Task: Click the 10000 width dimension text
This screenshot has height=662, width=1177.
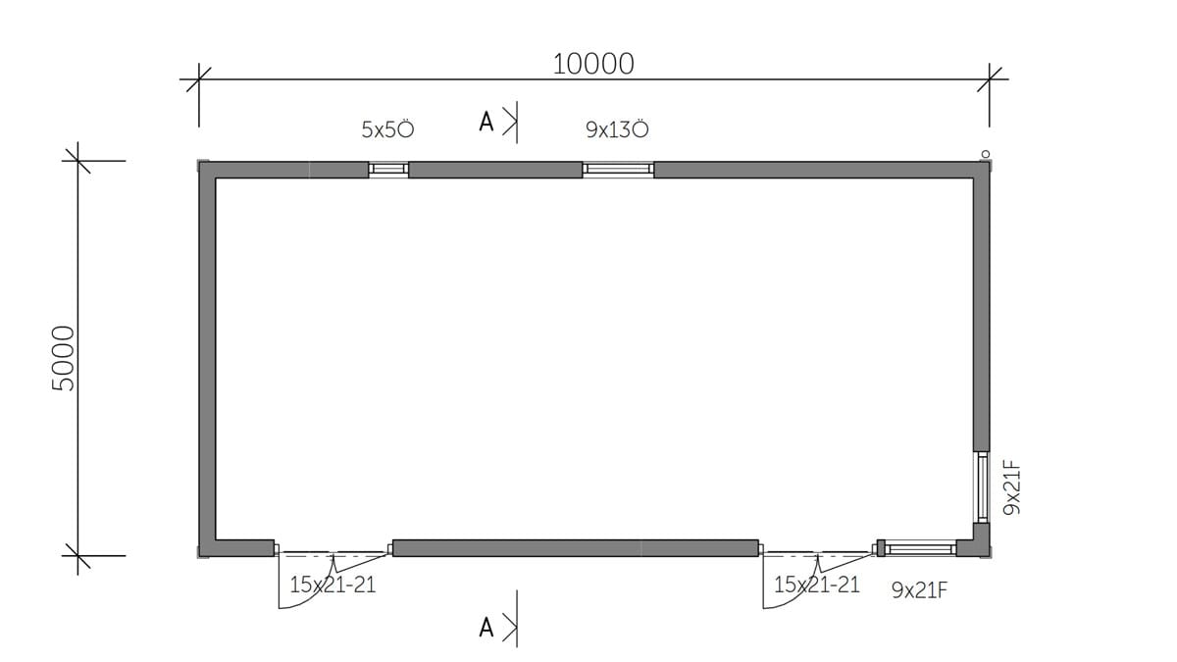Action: tap(593, 64)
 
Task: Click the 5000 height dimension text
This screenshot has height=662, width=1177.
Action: tap(64, 358)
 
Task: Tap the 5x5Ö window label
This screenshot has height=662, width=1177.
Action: tap(387, 128)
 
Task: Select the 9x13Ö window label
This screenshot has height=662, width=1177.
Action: tap(617, 128)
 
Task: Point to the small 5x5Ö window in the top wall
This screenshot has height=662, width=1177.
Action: tap(388, 169)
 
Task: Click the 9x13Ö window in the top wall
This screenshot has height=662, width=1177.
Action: tap(618, 169)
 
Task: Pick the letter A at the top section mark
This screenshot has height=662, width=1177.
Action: tap(486, 122)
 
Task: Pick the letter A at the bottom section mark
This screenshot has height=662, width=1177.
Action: tap(486, 628)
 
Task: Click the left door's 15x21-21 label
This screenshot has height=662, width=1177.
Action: tap(333, 585)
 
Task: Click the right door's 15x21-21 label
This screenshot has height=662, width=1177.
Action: tap(817, 585)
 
